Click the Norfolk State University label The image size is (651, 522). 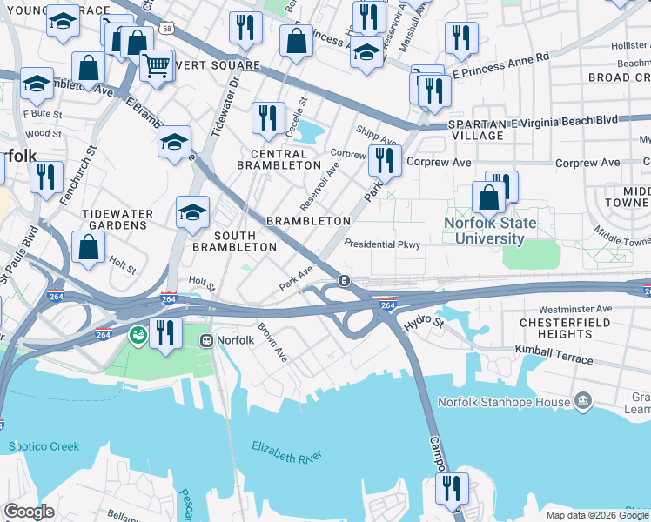pos(490,230)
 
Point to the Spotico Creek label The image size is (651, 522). pos(44,447)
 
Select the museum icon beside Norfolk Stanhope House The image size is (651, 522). pos(582,401)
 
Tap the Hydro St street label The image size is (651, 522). pos(425,322)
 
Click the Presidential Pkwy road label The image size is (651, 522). pos(382,244)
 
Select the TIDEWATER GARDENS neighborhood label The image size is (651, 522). pos(117,219)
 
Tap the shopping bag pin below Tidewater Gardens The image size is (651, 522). pos(89,246)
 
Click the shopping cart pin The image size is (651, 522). pos(156,64)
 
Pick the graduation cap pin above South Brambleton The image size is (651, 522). pos(192,211)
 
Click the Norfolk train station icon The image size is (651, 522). pos(207,340)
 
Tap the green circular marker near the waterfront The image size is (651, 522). pos(138,334)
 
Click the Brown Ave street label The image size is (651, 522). pos(272,343)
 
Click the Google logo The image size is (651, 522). pos(29,511)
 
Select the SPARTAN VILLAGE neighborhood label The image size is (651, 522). pos(478,130)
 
